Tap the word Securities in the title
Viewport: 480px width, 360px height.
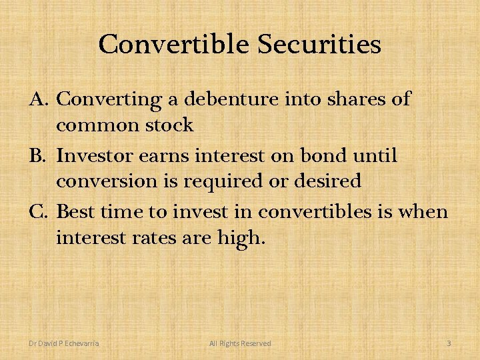point(319,45)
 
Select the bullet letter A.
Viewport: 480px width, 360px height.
point(38,99)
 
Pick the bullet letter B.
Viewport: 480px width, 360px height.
point(38,156)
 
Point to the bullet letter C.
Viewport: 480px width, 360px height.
point(38,212)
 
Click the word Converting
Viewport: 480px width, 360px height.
point(110,100)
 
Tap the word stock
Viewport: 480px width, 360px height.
point(171,125)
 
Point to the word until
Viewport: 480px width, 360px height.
point(379,156)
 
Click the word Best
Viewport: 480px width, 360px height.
point(75,212)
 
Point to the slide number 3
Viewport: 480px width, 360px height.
point(449,343)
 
